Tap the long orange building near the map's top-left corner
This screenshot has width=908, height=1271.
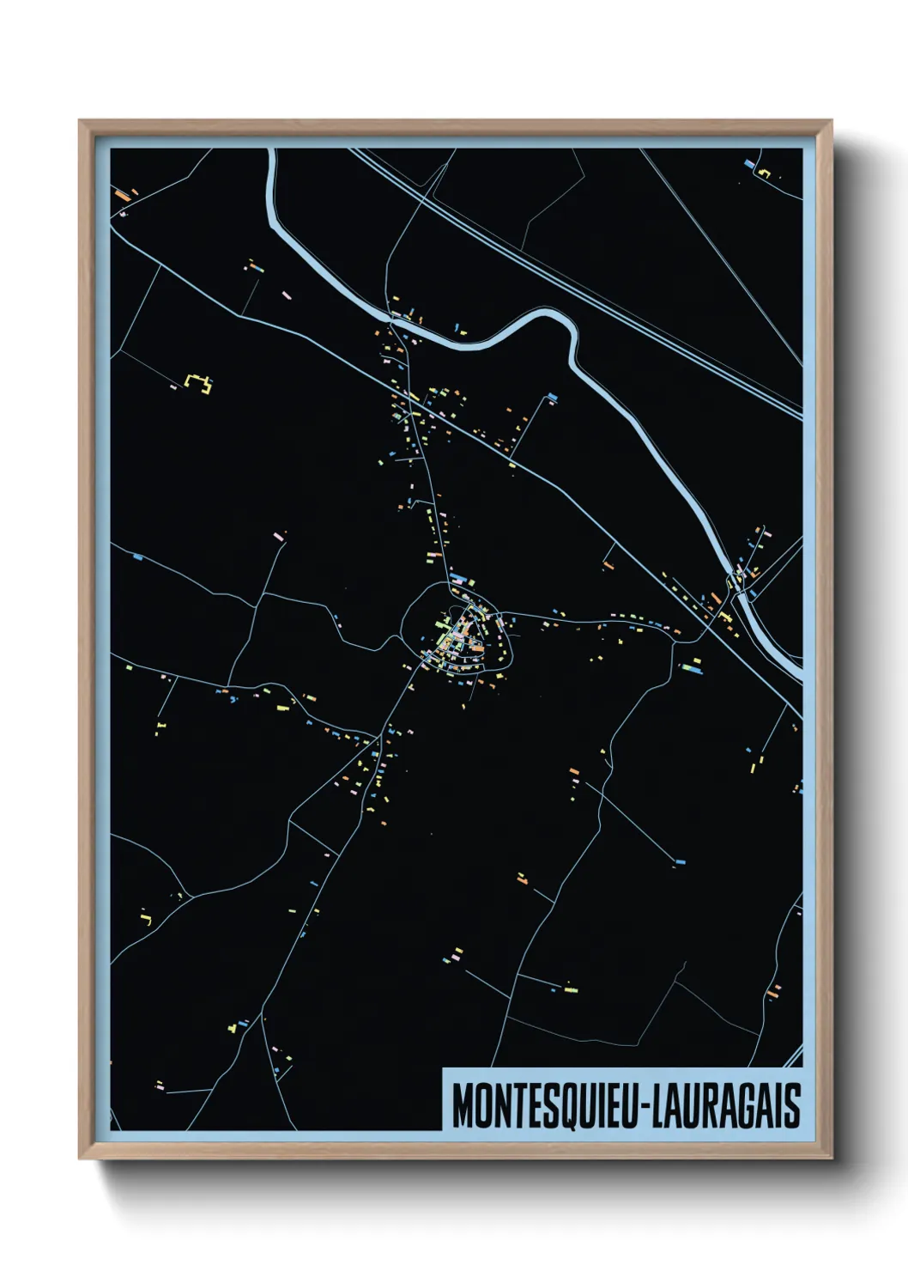point(123,196)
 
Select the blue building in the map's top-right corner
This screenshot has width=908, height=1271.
point(749,163)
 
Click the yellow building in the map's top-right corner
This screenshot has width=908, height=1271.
point(764,173)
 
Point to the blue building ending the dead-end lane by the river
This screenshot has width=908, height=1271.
point(552,397)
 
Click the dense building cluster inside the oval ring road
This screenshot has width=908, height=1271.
point(459,635)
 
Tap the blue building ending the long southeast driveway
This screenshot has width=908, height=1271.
point(681,861)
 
